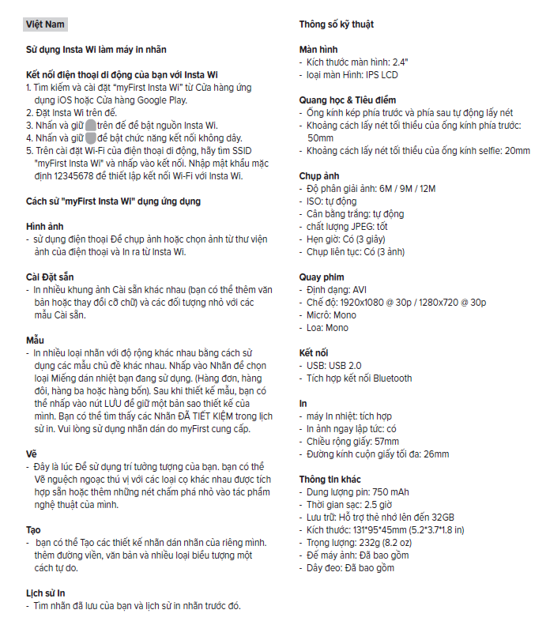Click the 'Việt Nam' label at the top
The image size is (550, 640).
[x=44, y=24]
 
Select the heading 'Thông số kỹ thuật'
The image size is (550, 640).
[x=336, y=24]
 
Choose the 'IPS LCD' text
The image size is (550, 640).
[x=379, y=74]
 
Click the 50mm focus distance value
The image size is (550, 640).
[x=320, y=138]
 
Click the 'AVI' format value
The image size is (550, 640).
[x=360, y=290]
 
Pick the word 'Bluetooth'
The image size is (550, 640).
[x=393, y=378]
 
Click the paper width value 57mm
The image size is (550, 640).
[x=386, y=442]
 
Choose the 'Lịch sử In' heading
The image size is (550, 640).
[x=46, y=593]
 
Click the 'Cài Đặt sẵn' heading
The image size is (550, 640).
[x=52, y=277]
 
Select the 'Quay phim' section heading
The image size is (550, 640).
[x=322, y=277]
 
